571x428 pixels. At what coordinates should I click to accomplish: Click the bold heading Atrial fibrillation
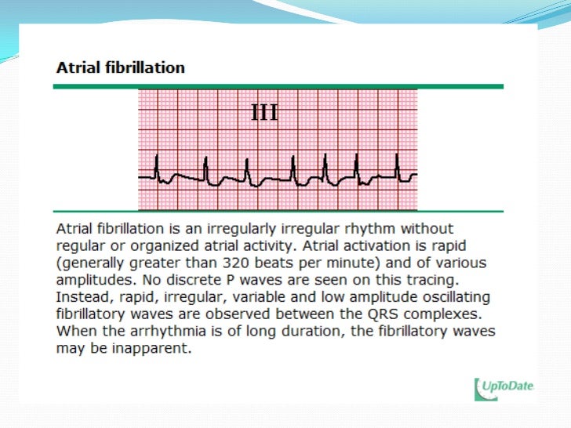tap(120, 67)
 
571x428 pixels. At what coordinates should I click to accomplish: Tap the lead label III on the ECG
tap(264, 113)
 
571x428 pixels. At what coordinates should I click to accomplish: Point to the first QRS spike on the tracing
tap(156, 165)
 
